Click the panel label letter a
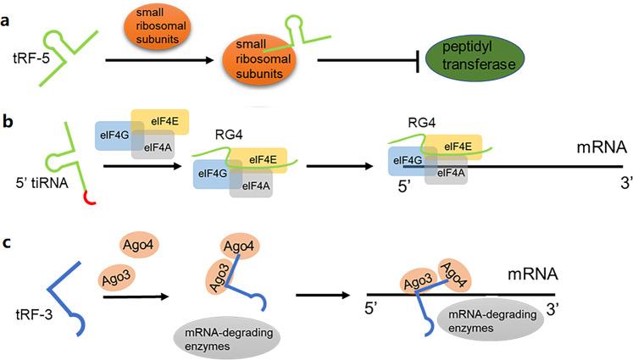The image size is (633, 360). coord(8,19)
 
